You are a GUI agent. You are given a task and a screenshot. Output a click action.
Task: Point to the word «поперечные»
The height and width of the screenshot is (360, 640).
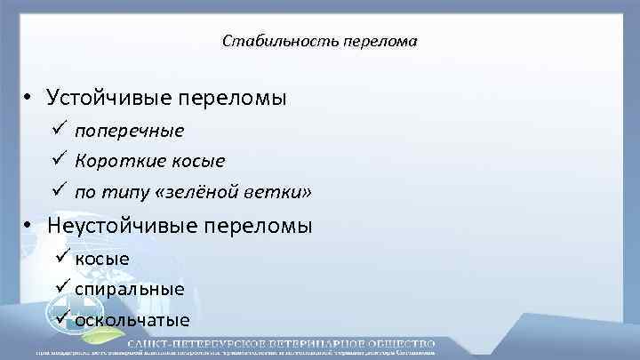point(130,132)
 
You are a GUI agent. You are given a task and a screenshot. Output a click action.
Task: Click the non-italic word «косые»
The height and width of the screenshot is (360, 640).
point(102,260)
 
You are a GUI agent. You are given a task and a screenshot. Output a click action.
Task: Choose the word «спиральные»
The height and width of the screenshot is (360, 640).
point(130,290)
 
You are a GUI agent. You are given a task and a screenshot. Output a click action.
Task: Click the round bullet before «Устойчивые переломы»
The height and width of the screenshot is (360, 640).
point(29,98)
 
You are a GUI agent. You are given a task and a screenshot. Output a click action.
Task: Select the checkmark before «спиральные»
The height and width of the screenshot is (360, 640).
point(62,288)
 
